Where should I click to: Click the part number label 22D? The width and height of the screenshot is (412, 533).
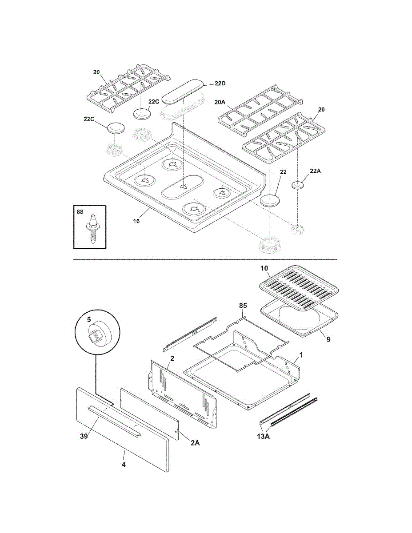click(220, 84)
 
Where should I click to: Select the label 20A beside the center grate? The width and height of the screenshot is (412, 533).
click(220, 102)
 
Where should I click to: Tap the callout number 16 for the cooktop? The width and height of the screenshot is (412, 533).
click(136, 221)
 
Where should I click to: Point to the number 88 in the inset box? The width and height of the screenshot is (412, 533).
click(80, 212)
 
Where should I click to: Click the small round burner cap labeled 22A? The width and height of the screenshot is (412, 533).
click(297, 185)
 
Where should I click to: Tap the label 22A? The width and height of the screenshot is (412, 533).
click(315, 171)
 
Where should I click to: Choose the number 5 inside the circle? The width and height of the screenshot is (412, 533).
click(89, 320)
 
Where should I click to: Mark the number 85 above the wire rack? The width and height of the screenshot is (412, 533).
click(243, 306)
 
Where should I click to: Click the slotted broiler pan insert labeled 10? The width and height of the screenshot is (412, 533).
click(299, 287)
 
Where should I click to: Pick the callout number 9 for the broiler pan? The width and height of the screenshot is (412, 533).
click(328, 339)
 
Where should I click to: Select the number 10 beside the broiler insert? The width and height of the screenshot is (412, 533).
click(264, 268)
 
